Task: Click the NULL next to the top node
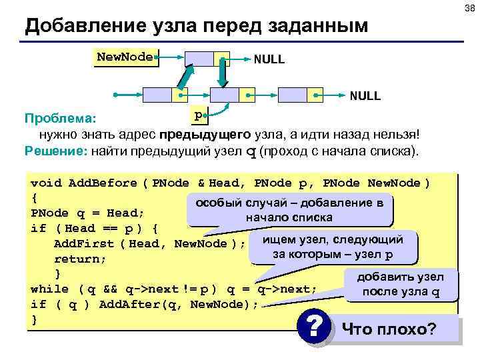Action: point(269,60)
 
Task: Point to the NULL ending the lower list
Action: point(365,96)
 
